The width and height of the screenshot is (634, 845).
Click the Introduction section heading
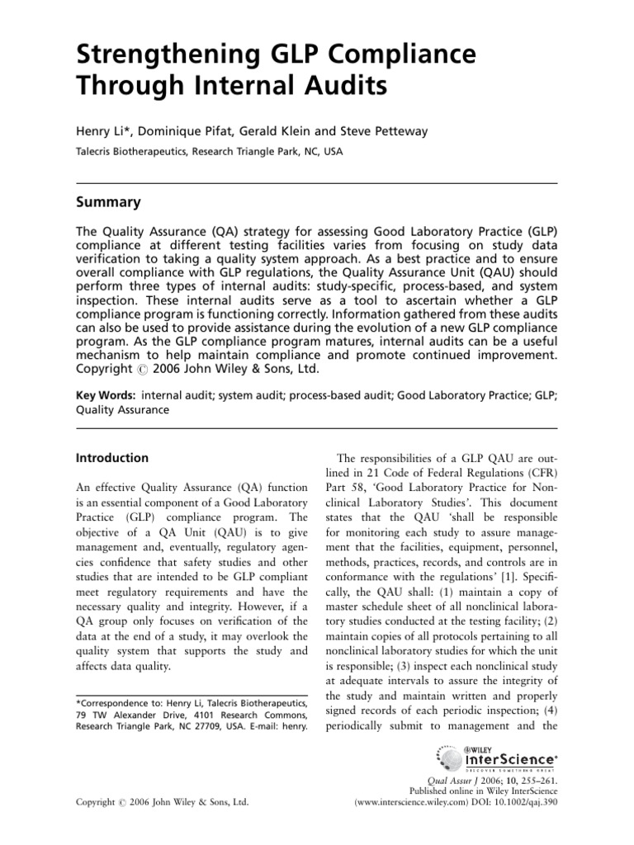(x=112, y=458)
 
